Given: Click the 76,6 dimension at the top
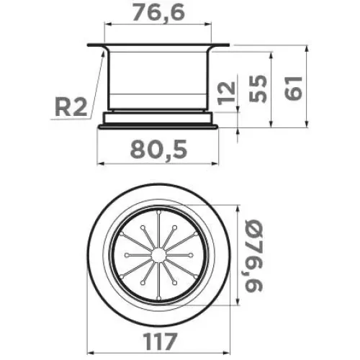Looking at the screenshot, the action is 158,12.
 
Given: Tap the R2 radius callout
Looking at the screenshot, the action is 71,108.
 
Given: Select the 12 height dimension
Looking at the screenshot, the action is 226,93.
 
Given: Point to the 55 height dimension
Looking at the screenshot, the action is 258,89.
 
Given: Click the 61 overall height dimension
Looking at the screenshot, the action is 293,88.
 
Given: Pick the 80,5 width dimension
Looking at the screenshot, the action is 158,149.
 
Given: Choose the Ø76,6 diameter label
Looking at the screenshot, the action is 253,256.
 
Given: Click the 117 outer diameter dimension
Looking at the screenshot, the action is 160,341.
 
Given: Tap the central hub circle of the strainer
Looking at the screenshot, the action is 158,255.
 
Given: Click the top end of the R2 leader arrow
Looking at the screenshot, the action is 104,50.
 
